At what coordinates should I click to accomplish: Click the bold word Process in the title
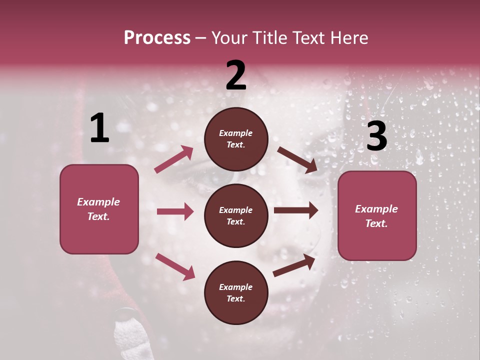click(157, 37)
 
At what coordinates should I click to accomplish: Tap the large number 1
click(99, 128)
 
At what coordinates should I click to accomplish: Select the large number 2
click(236, 75)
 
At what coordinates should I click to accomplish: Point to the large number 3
click(376, 136)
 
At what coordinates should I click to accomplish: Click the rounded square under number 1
click(99, 209)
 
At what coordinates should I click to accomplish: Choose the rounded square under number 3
click(377, 216)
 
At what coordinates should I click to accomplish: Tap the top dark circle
click(236, 139)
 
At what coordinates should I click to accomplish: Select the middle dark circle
click(236, 215)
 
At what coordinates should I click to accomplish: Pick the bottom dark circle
click(236, 292)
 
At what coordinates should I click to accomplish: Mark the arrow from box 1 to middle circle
click(175, 211)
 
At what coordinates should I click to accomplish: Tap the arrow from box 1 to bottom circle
click(175, 266)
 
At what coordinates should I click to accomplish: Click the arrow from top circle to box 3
click(297, 159)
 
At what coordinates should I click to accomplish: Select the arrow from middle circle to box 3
click(296, 210)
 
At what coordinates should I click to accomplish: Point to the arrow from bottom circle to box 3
click(294, 265)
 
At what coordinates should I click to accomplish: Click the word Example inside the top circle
click(236, 133)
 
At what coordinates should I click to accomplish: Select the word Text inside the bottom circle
click(235, 298)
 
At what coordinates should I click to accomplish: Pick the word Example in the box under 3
click(376, 209)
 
